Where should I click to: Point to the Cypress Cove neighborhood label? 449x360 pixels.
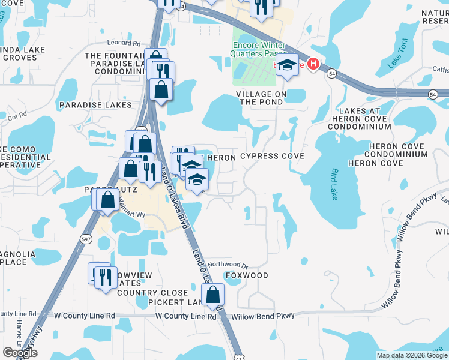click(272, 156)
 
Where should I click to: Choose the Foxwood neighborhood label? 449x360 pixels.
click(246, 275)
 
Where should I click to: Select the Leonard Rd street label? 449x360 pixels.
click(124, 43)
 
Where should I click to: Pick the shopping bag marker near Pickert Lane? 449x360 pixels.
click(212, 294)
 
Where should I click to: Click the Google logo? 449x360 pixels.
click(20, 353)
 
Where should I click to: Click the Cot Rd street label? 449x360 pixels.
click(17, 115)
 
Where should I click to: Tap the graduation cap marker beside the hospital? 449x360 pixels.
click(288, 67)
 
